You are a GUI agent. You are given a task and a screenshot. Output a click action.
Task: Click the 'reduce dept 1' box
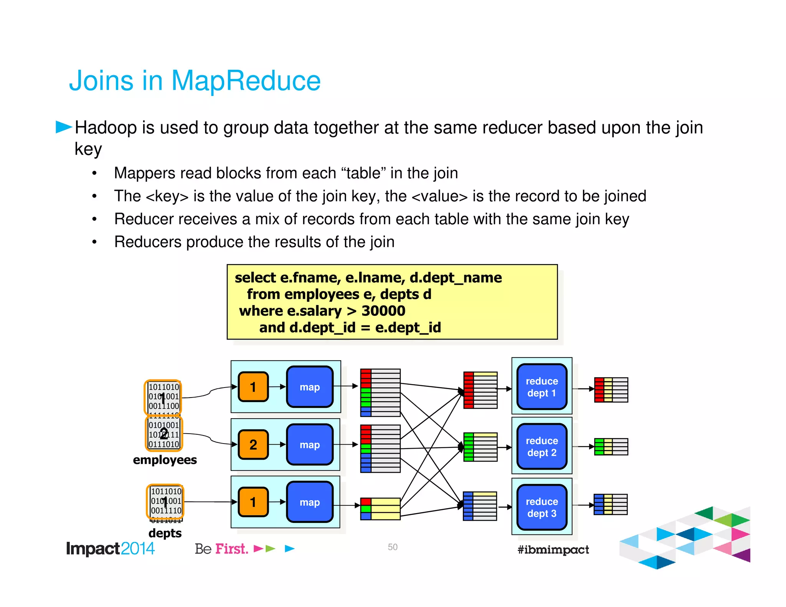[542, 387]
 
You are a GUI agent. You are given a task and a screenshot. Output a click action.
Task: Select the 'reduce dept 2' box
[542, 447]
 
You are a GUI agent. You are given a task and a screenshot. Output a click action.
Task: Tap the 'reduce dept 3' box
[542, 507]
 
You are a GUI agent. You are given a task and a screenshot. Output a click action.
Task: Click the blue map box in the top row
[310, 387]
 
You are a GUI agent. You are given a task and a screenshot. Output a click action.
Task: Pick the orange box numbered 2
[253, 445]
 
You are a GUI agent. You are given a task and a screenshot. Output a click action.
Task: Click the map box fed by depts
[310, 502]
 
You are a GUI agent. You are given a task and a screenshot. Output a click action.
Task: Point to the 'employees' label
[165, 460]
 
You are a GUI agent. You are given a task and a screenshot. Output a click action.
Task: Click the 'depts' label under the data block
[165, 533]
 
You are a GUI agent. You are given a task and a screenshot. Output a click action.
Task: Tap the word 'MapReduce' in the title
[246, 81]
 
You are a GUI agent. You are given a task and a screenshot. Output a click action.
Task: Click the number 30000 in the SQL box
[383, 311]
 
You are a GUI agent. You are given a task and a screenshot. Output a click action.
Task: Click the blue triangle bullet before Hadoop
[63, 127]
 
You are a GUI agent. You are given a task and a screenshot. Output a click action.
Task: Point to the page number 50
[393, 547]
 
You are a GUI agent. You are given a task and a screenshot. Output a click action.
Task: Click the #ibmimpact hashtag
[553, 549]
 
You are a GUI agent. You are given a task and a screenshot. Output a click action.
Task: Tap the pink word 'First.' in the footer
[231, 549]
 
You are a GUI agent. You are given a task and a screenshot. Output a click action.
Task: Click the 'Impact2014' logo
[110, 549]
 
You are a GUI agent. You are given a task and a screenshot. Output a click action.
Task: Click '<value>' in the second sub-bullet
[439, 196]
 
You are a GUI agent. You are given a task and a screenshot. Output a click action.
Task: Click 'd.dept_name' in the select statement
[456, 277]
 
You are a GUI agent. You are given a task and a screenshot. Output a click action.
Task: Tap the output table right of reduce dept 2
[611, 447]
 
